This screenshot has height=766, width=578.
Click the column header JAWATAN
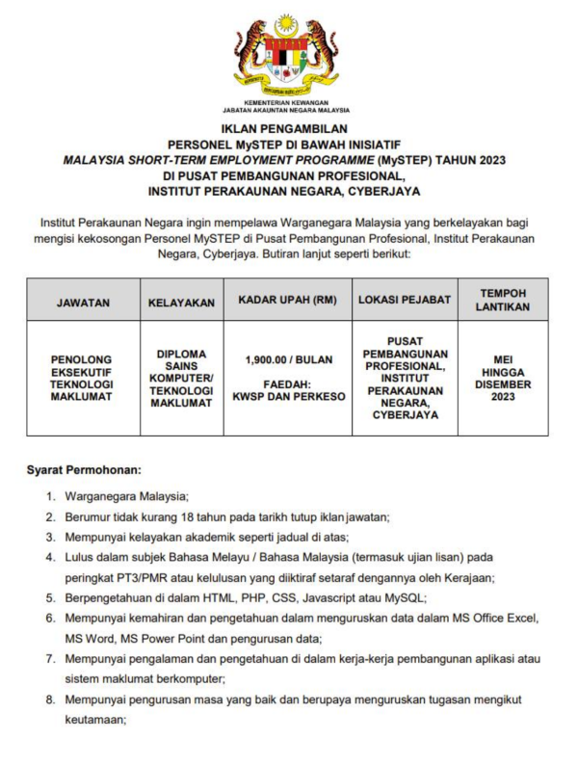click(x=83, y=303)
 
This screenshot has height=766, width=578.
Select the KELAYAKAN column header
click(x=181, y=303)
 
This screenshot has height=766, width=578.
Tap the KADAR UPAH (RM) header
click(x=288, y=300)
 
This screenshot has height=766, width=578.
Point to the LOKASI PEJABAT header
click(x=405, y=300)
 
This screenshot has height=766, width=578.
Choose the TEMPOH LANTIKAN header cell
click(x=502, y=300)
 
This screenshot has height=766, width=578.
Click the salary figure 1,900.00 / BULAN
click(x=288, y=359)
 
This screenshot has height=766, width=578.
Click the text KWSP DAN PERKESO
click(x=288, y=396)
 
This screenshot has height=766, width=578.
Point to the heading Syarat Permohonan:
click(x=84, y=470)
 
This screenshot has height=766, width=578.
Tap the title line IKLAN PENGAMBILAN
click(x=288, y=127)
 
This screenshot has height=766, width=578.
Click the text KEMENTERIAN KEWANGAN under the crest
click(x=286, y=102)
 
